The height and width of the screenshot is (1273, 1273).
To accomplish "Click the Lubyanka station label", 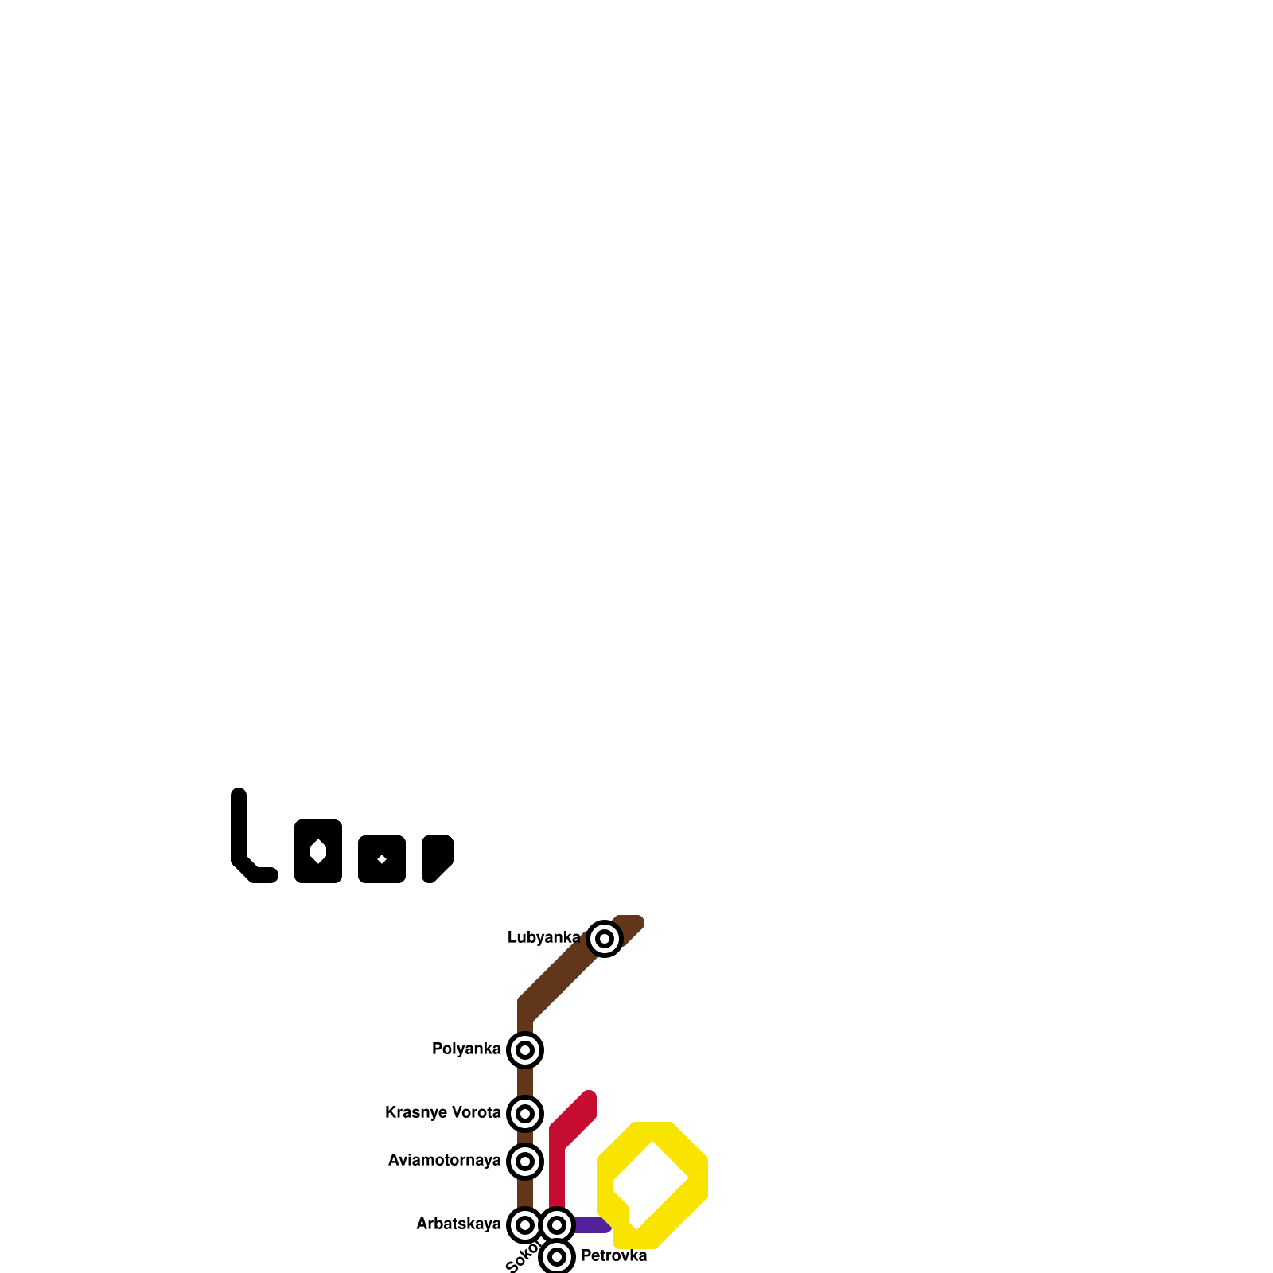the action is point(543,938).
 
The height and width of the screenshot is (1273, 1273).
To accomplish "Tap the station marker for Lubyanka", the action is point(605,939).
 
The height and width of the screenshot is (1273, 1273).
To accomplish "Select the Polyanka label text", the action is point(466,1049).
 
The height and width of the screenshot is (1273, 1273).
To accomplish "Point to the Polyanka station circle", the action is point(525,1050).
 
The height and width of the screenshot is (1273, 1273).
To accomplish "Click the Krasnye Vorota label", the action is point(442,1113).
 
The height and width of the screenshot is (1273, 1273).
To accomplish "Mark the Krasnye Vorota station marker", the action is point(525,1114).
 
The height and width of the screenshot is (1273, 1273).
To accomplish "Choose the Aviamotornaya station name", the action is point(444,1161).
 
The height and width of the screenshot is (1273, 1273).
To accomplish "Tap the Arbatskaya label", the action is point(458,1224).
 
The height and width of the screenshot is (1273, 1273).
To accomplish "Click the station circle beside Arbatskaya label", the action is point(525,1225).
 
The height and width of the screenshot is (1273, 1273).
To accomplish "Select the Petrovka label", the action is point(613,1256).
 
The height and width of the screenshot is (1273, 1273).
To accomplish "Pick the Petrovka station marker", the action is point(557,1257).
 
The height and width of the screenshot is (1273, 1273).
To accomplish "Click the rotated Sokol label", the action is point(521,1258).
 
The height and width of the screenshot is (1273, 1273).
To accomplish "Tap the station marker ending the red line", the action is point(557,1225).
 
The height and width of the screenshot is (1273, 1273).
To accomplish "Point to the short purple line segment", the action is point(590,1225).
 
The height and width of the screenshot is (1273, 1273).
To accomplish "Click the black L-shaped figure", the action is point(239,835).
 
